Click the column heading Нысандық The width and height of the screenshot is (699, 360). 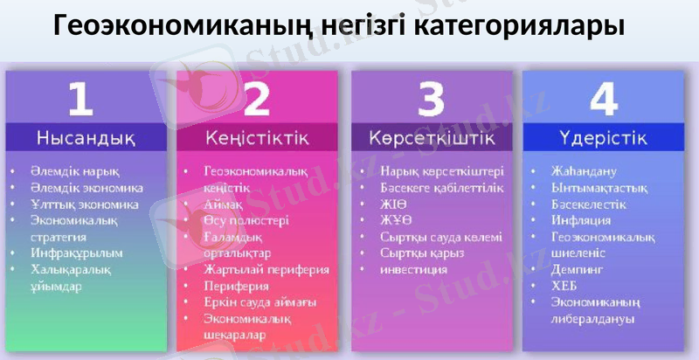[x=86, y=138]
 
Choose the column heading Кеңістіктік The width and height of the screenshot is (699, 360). [x=257, y=138]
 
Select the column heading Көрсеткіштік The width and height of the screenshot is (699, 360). [x=432, y=138]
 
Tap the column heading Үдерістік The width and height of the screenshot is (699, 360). [x=603, y=138]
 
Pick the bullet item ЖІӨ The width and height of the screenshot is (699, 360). [x=393, y=204]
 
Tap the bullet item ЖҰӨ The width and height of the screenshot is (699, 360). [x=395, y=220]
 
